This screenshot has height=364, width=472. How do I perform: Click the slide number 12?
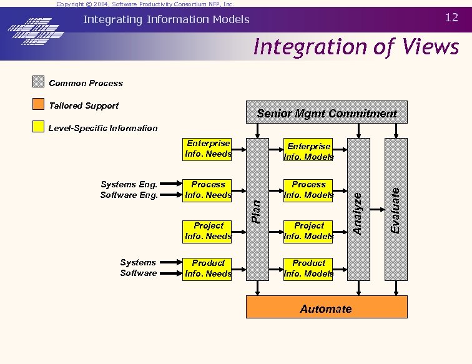point(451,18)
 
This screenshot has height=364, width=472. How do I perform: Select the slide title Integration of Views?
point(356,47)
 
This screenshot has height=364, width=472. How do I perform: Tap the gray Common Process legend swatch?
point(39,82)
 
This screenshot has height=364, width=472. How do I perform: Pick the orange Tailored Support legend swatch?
point(39,105)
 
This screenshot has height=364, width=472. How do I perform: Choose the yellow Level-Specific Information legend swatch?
point(39,127)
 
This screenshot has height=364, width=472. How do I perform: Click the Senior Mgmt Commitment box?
point(327,113)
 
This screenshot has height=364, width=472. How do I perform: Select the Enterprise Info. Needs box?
point(208,149)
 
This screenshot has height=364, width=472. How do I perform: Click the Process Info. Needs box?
point(208,190)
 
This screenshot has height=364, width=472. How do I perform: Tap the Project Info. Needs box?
point(208,231)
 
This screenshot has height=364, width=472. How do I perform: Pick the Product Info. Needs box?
point(208,268)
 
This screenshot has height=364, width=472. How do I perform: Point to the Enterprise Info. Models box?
point(308,152)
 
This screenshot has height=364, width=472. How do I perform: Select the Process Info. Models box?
point(308,190)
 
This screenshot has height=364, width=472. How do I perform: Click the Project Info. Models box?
point(308,231)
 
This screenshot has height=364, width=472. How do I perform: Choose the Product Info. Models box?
point(308,268)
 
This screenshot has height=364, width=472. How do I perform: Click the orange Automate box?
point(327,308)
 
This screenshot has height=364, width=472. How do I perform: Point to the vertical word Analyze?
point(358,212)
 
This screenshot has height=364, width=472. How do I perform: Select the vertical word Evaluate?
point(395,210)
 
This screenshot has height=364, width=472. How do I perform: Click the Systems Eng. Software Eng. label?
point(129,190)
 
